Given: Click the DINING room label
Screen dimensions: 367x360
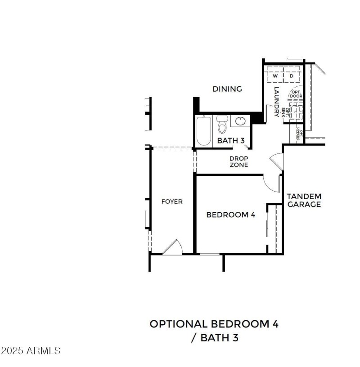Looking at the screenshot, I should click(x=227, y=89).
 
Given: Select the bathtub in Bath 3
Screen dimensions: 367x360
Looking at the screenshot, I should click(x=203, y=131).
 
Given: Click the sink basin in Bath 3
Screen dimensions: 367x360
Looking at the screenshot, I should click(x=240, y=121).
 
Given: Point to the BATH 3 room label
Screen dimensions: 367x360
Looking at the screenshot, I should click(x=230, y=141).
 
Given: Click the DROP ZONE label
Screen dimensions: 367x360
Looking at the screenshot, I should click(x=238, y=162).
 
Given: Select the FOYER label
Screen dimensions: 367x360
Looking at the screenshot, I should click(x=172, y=201).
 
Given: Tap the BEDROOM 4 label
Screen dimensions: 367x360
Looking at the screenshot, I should click(x=230, y=215).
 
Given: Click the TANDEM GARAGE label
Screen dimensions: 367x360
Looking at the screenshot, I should click(x=304, y=200).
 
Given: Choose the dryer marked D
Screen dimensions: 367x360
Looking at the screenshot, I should click(x=291, y=76).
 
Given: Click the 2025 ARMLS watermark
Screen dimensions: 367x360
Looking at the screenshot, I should click(x=31, y=350).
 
